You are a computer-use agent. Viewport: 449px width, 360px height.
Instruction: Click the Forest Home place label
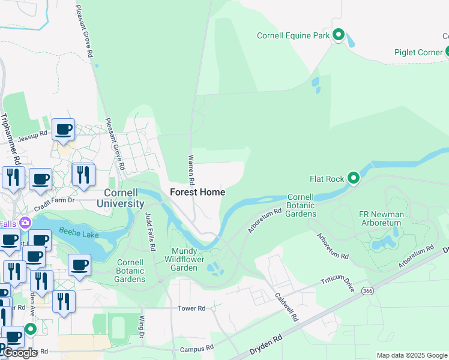point(197,192)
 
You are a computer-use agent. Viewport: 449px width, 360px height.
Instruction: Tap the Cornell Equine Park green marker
point(338,35)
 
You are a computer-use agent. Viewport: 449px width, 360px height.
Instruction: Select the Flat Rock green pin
point(354,178)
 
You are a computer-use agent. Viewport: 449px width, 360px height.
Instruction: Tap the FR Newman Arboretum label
point(381,218)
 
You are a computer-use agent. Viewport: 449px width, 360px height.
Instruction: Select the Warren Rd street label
point(191,169)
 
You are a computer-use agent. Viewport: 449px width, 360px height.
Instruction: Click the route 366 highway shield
point(368,290)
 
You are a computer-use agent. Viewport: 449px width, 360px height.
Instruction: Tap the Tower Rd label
point(191,308)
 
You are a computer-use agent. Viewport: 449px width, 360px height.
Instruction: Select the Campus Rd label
point(196,347)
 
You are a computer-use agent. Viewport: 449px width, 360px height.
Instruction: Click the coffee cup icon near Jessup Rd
point(63,129)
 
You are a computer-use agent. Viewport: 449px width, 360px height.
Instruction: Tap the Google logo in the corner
point(20,353)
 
